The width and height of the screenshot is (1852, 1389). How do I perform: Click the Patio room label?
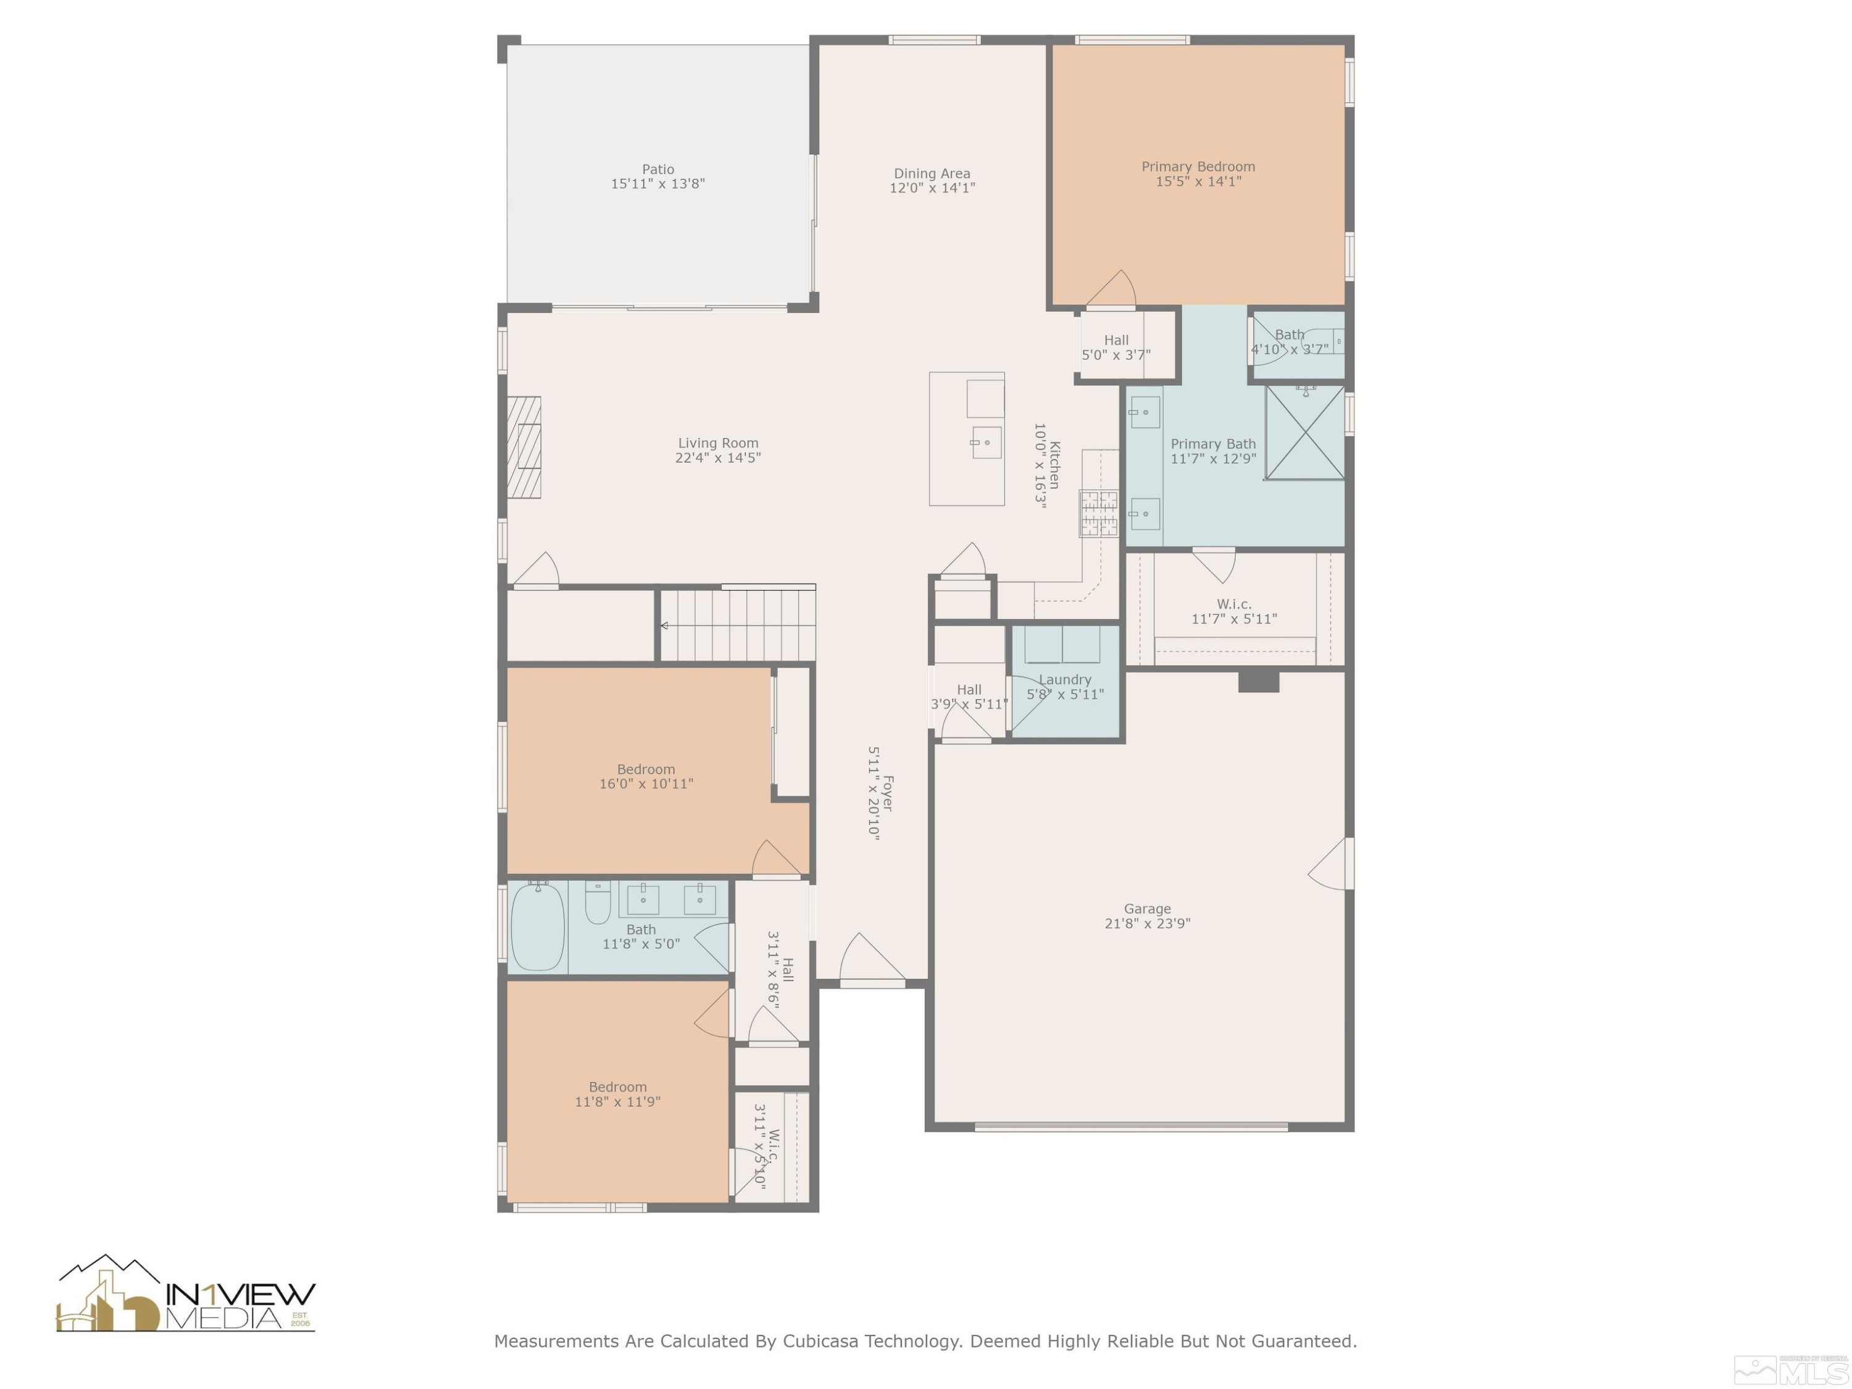(x=658, y=169)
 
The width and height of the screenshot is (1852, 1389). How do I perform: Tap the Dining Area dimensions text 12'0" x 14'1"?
(x=932, y=188)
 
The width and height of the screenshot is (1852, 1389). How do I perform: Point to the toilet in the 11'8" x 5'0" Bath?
(x=597, y=903)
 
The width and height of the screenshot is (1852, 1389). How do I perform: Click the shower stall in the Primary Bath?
(x=1304, y=433)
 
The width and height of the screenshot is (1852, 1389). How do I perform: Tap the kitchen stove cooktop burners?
(x=1098, y=513)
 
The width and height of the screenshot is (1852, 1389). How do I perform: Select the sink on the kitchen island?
(x=985, y=442)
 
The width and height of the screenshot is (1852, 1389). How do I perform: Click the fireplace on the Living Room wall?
(x=525, y=447)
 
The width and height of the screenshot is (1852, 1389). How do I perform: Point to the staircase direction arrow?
(x=664, y=625)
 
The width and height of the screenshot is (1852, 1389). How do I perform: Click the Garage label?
(x=1147, y=909)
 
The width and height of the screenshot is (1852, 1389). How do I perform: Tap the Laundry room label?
(x=1065, y=680)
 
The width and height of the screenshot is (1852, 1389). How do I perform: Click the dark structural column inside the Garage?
(x=1258, y=681)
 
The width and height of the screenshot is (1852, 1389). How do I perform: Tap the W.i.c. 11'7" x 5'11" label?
(x=1234, y=611)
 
